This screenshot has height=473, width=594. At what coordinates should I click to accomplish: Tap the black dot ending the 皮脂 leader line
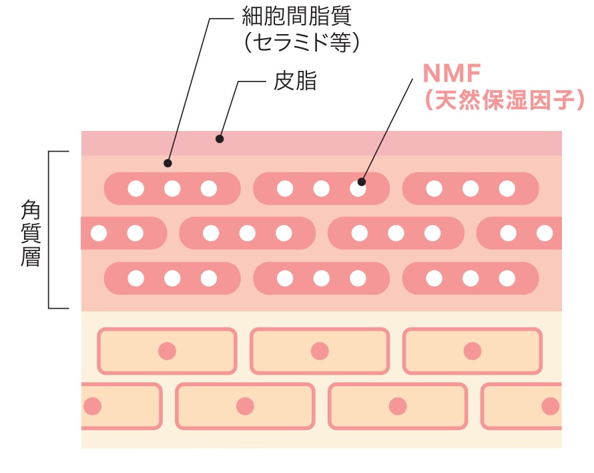tap(220, 139)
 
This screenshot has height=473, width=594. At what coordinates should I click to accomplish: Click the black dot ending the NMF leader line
tap(362, 181)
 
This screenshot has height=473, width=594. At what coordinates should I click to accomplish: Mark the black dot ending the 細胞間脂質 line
tap(168, 163)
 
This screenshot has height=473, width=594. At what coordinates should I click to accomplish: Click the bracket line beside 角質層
tap(49, 230)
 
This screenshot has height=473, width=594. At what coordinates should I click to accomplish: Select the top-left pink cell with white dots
tap(172, 188)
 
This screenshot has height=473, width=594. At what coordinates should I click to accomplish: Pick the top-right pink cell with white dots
tap(471, 188)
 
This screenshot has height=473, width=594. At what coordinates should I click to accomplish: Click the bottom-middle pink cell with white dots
tap(321, 278)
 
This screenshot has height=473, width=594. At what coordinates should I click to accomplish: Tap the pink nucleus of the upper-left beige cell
tap(167, 351)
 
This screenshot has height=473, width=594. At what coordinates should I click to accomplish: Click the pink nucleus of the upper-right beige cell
tap(473, 351)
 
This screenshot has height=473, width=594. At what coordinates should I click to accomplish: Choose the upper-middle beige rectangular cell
tap(320, 351)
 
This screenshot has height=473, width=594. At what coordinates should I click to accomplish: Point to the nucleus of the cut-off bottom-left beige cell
tap(92, 406)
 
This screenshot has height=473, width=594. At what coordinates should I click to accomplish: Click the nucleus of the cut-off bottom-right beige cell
tap(550, 406)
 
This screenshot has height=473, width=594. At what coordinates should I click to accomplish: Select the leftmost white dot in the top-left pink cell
tap(136, 188)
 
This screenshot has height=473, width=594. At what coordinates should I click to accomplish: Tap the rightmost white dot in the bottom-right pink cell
tap(507, 278)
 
